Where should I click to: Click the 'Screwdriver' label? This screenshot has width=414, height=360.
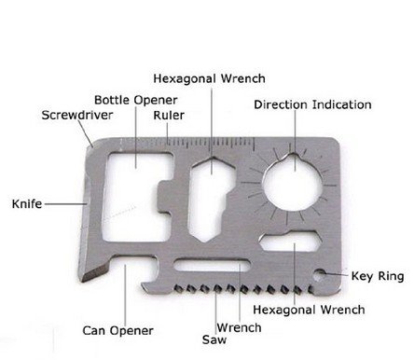pyautogui.click(x=76, y=116)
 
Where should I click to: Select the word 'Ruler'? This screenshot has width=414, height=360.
pyautogui.click(x=169, y=116)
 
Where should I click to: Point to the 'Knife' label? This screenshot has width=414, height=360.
pyautogui.click(x=26, y=202)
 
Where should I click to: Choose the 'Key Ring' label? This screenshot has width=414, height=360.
pyautogui.click(x=377, y=276)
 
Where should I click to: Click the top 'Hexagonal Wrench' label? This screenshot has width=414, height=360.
pyautogui.click(x=209, y=78)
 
